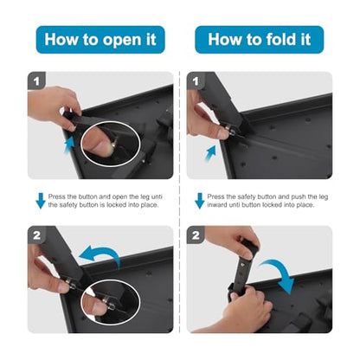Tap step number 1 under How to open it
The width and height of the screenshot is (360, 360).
[36, 81]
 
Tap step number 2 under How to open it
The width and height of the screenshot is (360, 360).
[36, 235]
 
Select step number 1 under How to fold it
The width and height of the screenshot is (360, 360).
[196, 81]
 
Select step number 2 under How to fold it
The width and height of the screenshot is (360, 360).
[196, 235]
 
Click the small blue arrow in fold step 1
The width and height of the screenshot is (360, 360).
[210, 153]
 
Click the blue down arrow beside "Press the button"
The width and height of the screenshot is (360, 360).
[41, 201]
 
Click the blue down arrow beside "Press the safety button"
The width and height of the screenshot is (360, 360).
[200, 201]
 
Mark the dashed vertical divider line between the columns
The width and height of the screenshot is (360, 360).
[180, 202]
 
